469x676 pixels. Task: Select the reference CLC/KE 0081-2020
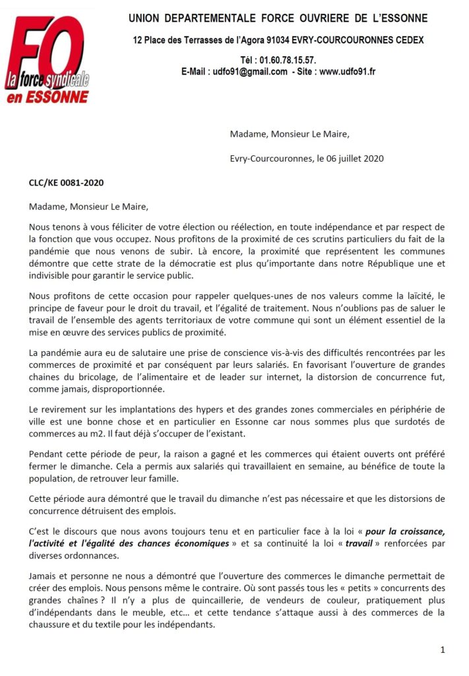coord(66,182)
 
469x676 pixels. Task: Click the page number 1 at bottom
coord(443,650)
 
